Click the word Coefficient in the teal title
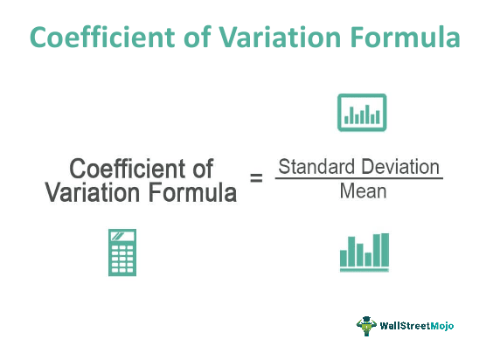pos(102,37)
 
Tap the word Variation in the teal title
pos(280,37)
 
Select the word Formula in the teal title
pos(405,37)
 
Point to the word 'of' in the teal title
pos(197,37)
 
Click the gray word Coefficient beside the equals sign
pos(128,169)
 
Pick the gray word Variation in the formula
pos(92,192)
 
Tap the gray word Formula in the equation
pos(192,192)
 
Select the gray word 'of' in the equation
pos(203,169)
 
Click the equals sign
pos(256,178)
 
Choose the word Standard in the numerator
pos(316,167)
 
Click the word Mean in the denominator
pos(363,191)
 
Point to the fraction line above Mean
pos(359,178)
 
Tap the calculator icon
pos(122,253)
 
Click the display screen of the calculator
pos(122,236)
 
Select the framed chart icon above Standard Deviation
pos(362,112)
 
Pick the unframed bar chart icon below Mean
pos(365,253)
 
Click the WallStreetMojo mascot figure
pos(366,326)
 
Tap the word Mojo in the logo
pos(441,326)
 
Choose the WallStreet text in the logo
pos(405,325)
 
